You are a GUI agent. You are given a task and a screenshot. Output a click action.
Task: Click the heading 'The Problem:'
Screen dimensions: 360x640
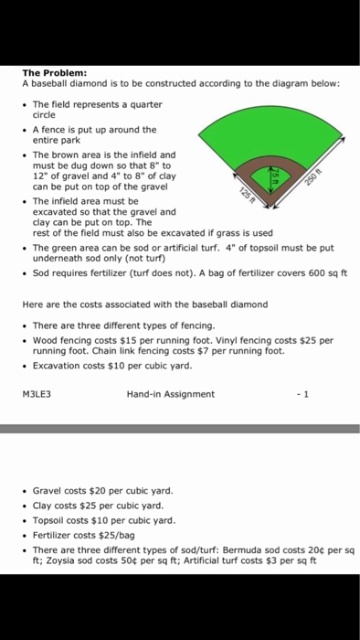[54, 72]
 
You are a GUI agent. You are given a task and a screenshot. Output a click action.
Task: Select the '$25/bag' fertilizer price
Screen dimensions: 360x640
[115, 534]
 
